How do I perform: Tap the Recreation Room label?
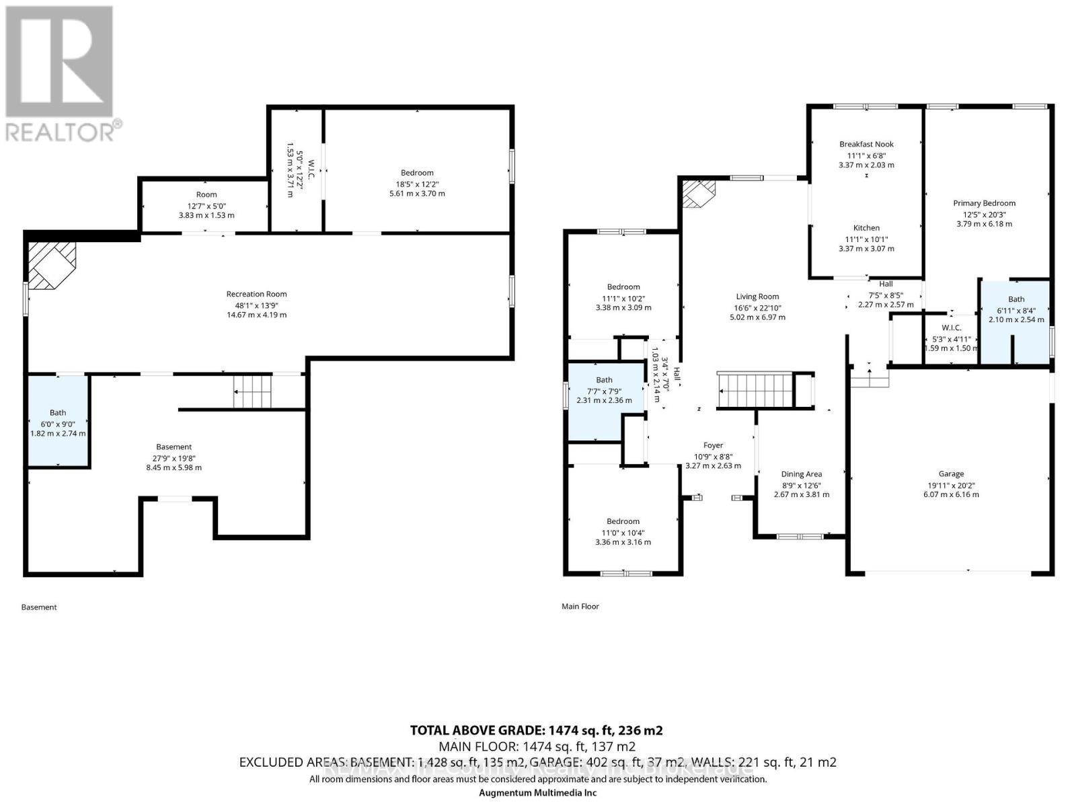(256, 294)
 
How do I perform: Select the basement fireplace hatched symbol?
(51, 265)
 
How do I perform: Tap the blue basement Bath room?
(58, 422)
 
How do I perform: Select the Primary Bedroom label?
(984, 203)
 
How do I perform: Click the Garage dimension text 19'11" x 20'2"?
(951, 484)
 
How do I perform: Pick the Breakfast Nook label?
(866, 144)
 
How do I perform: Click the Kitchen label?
(866, 228)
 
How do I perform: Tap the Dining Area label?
(801, 474)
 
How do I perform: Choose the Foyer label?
(713, 445)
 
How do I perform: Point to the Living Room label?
(757, 297)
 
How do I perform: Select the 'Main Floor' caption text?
(580, 607)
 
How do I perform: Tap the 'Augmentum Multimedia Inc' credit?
(537, 792)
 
